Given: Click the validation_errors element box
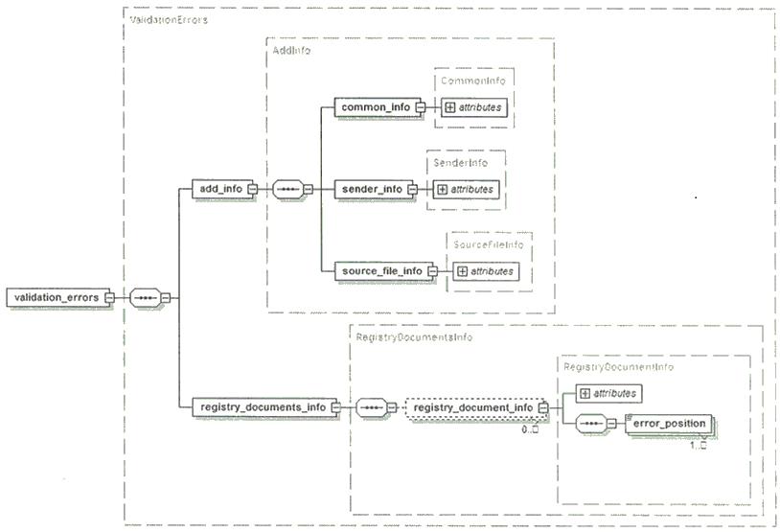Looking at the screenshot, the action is [x=57, y=297].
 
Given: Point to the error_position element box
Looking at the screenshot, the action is [x=669, y=424].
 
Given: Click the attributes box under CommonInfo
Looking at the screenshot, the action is [x=474, y=107].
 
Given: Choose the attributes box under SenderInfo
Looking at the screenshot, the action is [x=466, y=190].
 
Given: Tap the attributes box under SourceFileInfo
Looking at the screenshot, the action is [x=486, y=271].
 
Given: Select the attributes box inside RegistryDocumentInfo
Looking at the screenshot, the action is [x=608, y=394].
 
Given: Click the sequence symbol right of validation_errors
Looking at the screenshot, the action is [x=146, y=298].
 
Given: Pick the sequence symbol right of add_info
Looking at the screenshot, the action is [x=288, y=189].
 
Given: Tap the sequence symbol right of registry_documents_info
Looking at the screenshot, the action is [x=372, y=408].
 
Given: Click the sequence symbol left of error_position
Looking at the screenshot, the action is [x=591, y=424].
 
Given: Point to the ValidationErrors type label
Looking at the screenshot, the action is [x=169, y=20].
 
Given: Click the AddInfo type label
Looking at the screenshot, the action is [x=291, y=50].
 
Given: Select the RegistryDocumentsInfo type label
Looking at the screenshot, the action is [x=414, y=337].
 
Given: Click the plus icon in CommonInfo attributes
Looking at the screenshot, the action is [x=449, y=107].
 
